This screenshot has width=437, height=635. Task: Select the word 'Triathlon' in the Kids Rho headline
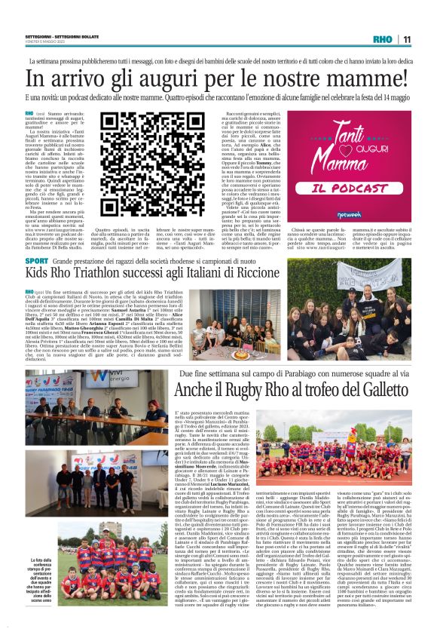99,273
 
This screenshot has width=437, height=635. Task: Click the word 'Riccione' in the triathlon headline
250,273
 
